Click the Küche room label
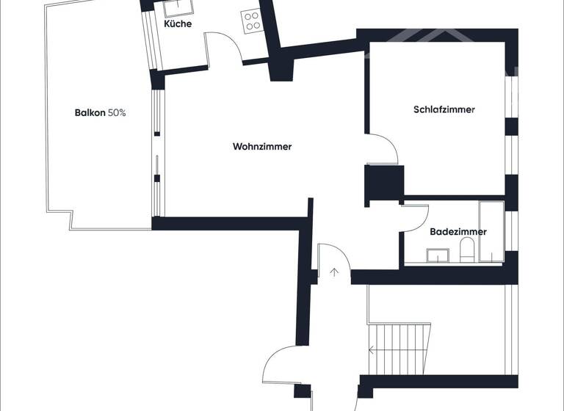tap(178, 23)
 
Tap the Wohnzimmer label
tap(262, 147)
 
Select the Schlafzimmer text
tap(444, 110)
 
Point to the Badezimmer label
tap(458, 232)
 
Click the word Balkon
tap(90, 113)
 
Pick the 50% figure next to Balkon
tap(117, 113)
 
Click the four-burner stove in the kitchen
tap(252, 20)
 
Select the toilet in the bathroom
tap(466, 253)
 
